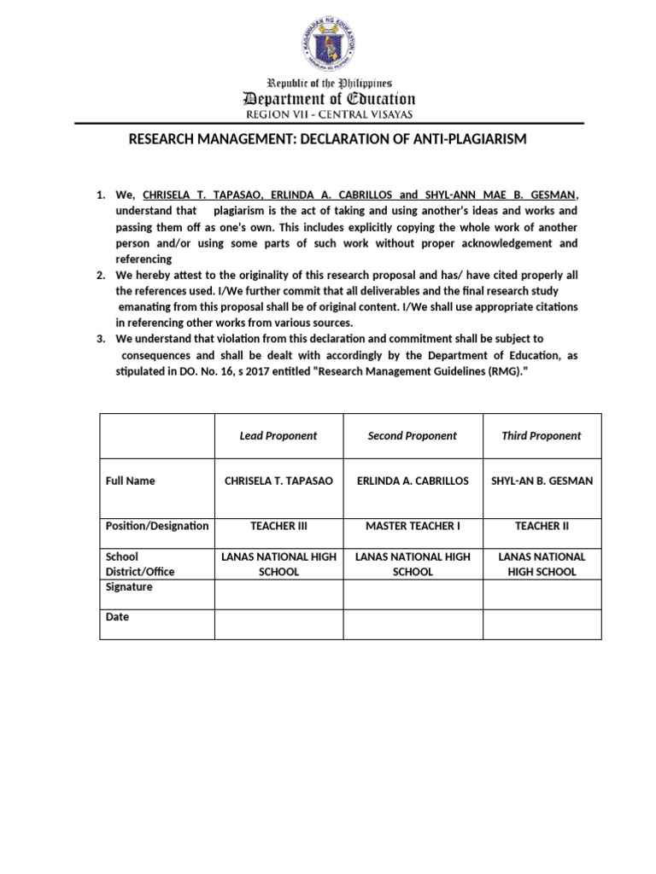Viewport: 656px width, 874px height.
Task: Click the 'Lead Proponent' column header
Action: (x=278, y=435)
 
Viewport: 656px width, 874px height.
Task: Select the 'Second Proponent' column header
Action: (x=412, y=435)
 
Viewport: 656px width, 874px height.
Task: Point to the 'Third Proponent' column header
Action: (x=541, y=435)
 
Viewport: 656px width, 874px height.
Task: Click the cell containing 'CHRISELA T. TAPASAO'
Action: (x=278, y=481)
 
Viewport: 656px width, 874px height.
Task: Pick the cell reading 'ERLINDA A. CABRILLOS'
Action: (x=412, y=481)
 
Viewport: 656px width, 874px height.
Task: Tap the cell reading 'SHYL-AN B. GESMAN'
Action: (x=542, y=481)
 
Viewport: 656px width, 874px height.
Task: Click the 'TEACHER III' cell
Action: (x=278, y=526)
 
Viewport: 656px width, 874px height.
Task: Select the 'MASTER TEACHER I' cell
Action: (x=412, y=526)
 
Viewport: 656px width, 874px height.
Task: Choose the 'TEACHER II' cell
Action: (x=542, y=526)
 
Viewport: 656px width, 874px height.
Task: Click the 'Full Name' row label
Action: (x=130, y=481)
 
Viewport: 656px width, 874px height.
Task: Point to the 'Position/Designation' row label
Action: (x=156, y=526)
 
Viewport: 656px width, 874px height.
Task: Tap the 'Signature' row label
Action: (x=129, y=587)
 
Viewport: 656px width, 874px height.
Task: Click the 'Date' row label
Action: (x=117, y=616)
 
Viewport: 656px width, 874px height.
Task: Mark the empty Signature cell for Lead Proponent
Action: (x=278, y=594)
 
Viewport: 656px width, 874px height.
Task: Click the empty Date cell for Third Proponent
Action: (x=542, y=624)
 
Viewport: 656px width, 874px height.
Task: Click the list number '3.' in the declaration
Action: (x=101, y=339)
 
